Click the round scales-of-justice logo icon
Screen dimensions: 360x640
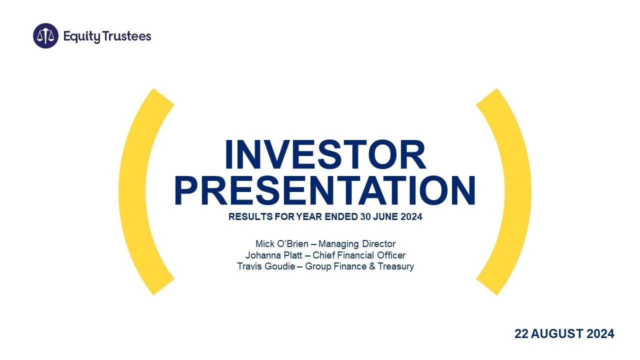45,36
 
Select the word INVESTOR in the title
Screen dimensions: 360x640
325,155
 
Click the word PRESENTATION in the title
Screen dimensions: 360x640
325,191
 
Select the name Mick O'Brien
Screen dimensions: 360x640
281,244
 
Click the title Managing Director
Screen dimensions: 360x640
356,244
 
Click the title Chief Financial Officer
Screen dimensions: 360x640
359,255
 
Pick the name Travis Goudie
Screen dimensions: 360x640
266,266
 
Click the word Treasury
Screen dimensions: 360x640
396,266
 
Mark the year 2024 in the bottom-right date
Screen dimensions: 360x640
600,333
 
